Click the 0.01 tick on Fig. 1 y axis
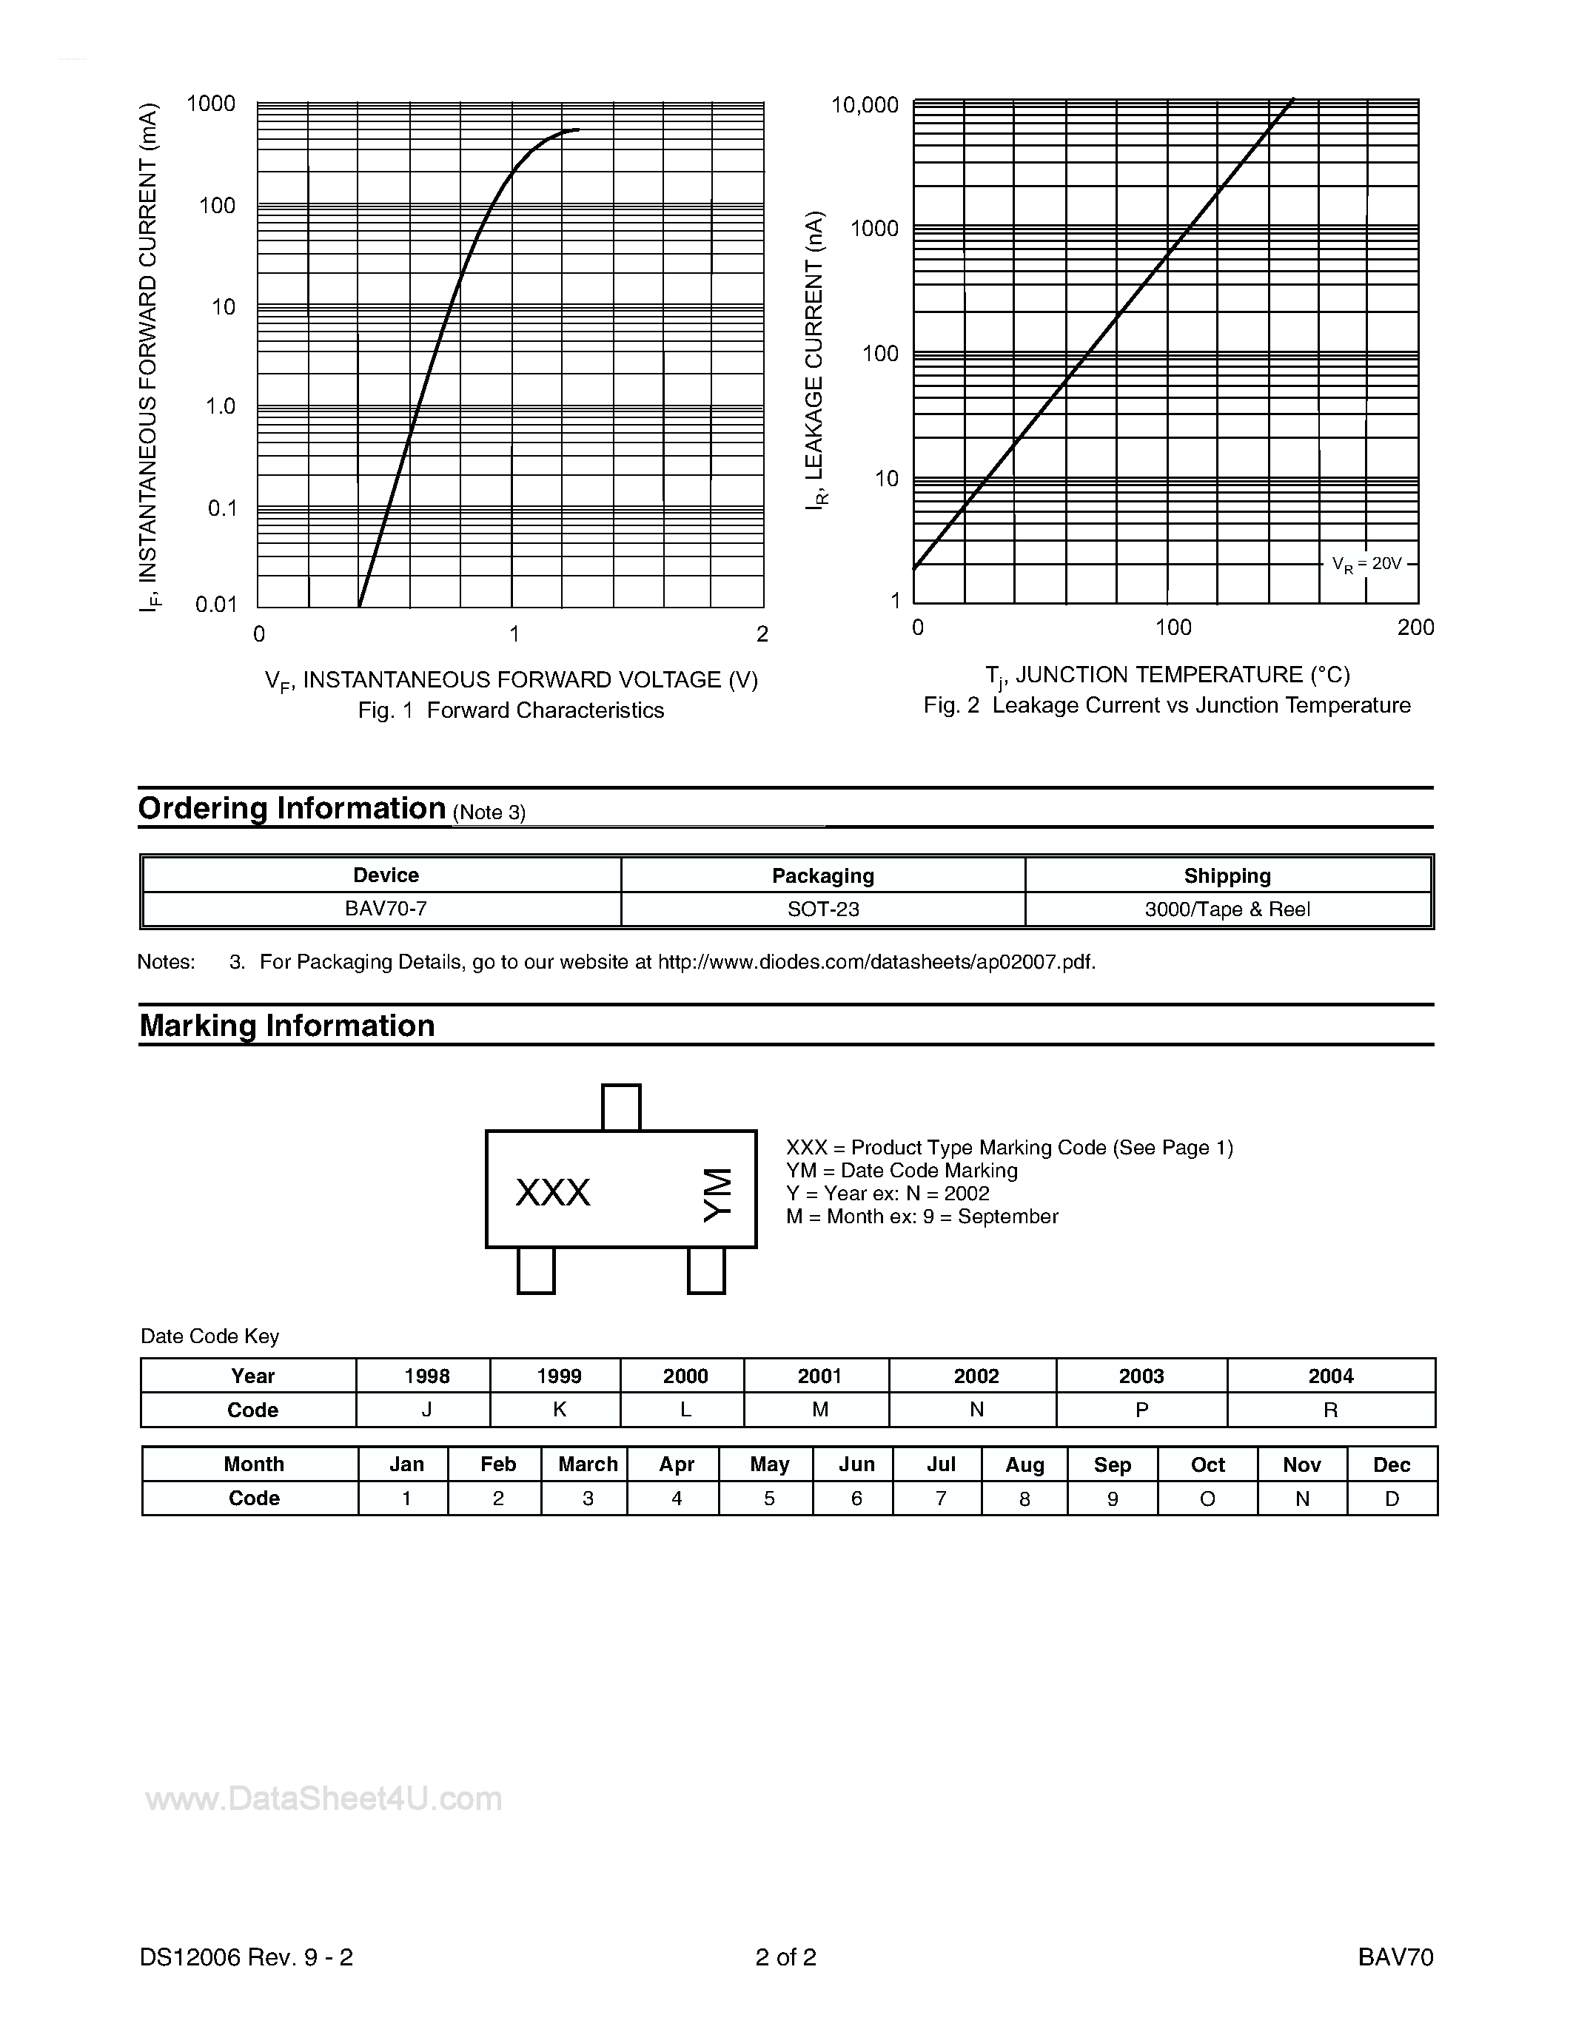pos(216,605)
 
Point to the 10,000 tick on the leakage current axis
pos(865,105)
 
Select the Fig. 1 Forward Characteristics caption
pos(511,710)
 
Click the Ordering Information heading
pos(292,808)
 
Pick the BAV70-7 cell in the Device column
pos(386,909)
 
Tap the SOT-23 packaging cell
pos(823,909)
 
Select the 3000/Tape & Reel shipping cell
pos(1227,909)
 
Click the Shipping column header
pos(1227,876)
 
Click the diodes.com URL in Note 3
pos(876,961)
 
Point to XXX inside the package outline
pos(553,1193)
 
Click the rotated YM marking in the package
pos(717,1194)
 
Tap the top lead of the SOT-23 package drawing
pos(622,1107)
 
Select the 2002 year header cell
pos(976,1376)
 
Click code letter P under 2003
pos(1141,1410)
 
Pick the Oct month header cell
pos(1208,1464)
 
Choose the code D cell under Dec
pos(1392,1498)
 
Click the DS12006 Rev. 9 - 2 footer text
pos(246,1957)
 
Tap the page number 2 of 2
pos(785,1957)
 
